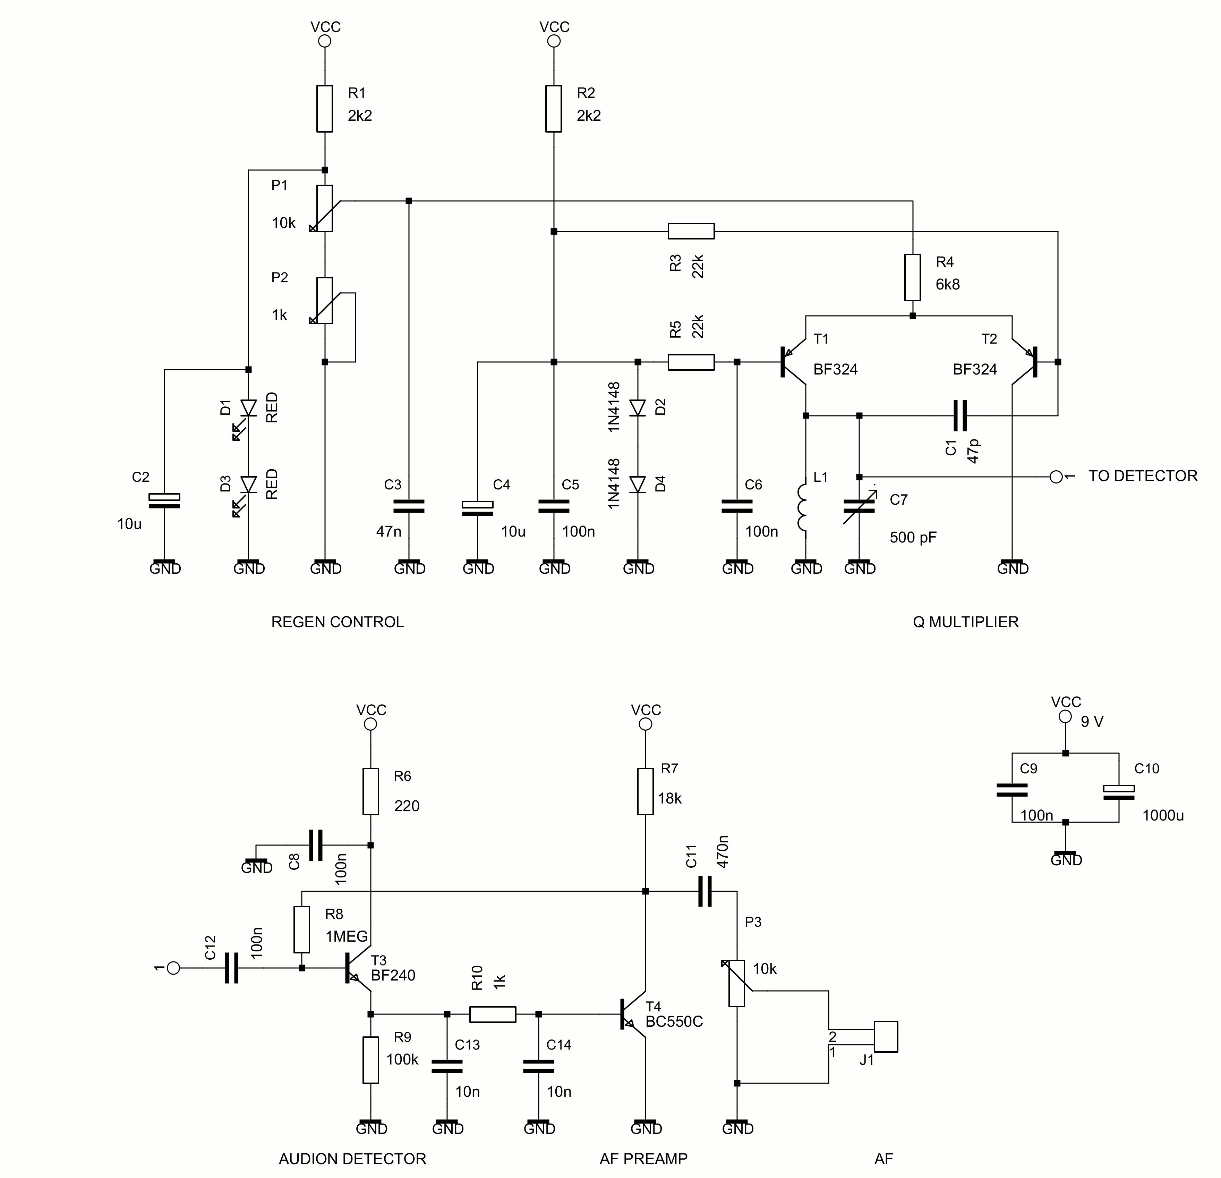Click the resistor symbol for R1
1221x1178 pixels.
tap(325, 109)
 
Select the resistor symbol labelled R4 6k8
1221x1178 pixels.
tap(913, 277)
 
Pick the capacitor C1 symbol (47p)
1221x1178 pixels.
tap(960, 416)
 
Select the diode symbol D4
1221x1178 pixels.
tap(637, 484)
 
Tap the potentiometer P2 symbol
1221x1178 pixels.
tap(325, 301)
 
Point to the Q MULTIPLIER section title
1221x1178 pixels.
tap(966, 622)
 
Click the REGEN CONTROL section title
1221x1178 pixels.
tap(338, 622)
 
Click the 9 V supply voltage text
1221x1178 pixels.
tap(1092, 722)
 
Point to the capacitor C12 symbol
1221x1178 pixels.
tap(231, 968)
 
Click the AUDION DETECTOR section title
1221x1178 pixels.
tap(352, 1159)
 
